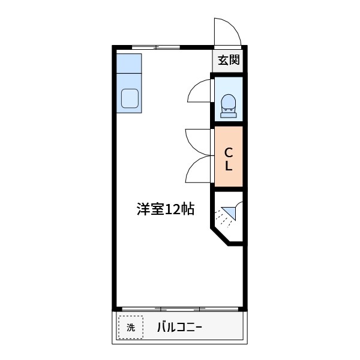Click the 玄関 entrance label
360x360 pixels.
click(229, 60)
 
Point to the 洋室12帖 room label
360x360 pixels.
click(165, 209)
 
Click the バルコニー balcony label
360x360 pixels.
click(179, 328)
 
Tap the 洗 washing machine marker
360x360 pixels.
click(131, 328)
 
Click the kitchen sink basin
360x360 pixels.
click(130, 98)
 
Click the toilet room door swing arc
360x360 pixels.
click(200, 92)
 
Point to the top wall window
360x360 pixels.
click(156, 47)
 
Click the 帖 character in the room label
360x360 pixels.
click(187, 209)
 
